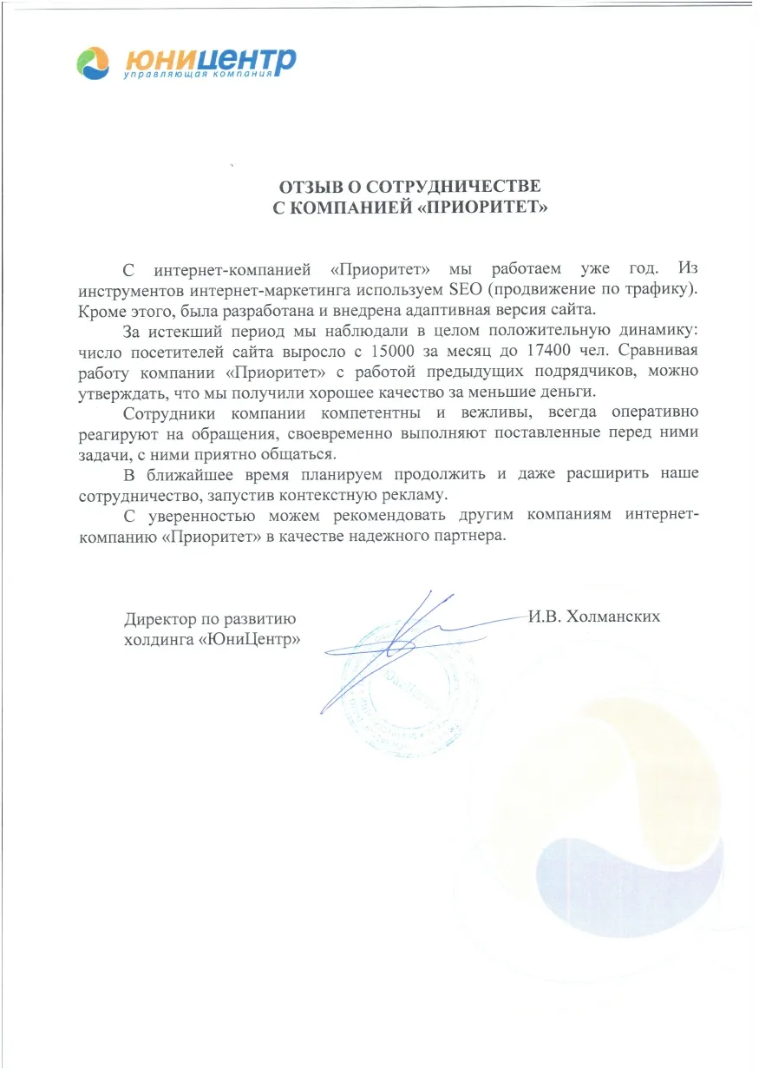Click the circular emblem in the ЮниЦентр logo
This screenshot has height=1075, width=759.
pyautogui.click(x=93, y=63)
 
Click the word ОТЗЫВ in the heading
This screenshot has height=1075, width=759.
pyautogui.click(x=313, y=188)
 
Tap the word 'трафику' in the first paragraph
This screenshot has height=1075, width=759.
pyautogui.click(x=658, y=288)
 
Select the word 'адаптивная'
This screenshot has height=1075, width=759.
pyautogui.click(x=421, y=309)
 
